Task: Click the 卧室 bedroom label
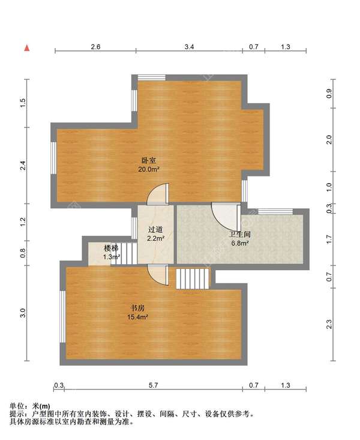tap(149, 160)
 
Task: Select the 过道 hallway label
tap(156, 229)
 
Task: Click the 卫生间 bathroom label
tap(240, 235)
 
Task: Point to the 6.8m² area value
tap(240, 243)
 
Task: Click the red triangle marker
tap(26, 46)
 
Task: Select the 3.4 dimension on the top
tap(189, 46)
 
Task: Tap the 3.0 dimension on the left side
tap(22, 312)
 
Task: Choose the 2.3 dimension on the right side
tap(329, 324)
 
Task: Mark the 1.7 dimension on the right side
tap(329, 240)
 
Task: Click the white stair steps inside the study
tap(193, 279)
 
